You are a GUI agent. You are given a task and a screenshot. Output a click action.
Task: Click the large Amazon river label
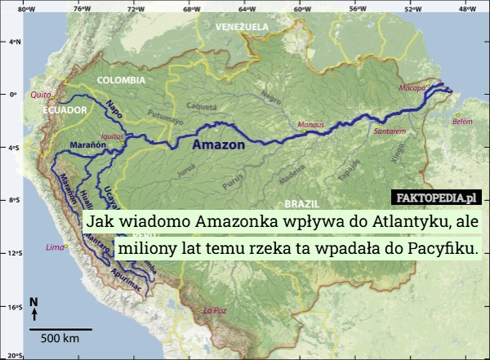[218, 145]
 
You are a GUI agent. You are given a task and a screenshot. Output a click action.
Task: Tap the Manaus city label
[311, 124]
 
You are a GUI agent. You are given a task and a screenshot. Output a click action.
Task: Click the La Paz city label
[214, 310]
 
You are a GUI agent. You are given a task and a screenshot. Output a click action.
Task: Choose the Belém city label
[462, 121]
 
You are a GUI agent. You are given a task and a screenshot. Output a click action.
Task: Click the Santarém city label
[390, 131]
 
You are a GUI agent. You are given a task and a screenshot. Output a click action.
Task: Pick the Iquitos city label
[111, 136]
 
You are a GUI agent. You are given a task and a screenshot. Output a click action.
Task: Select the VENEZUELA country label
[242, 27]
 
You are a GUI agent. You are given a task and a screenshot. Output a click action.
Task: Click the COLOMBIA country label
[121, 81]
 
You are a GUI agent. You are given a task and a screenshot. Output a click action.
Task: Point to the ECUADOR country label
[65, 110]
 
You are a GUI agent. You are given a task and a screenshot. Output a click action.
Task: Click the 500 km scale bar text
[59, 338]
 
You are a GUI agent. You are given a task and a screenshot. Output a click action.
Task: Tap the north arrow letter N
[33, 302]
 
